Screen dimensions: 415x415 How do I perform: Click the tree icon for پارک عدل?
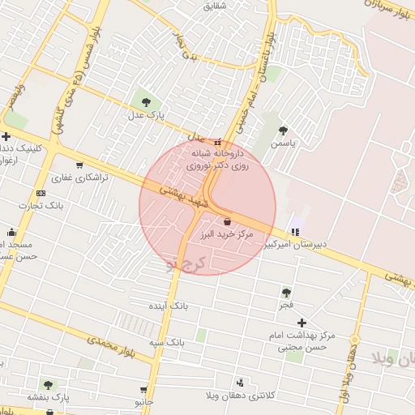tap(146, 103)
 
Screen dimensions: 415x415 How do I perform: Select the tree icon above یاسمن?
tap(283, 130)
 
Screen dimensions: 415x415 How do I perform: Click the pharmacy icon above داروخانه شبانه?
tap(217, 142)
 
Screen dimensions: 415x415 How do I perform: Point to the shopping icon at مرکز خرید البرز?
tap(226, 220)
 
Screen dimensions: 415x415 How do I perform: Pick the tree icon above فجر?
tap(286, 292)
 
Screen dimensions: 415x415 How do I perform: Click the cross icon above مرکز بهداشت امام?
tap(302, 323)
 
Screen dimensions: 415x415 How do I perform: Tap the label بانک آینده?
tap(168, 306)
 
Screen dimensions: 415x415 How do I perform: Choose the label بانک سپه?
tap(167, 343)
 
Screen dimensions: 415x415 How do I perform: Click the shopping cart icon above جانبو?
tap(143, 390)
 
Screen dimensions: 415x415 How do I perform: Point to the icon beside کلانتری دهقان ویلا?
tap(240, 383)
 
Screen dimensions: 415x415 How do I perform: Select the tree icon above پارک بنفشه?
tap(49, 385)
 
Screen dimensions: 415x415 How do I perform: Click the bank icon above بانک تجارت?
tap(41, 193)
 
